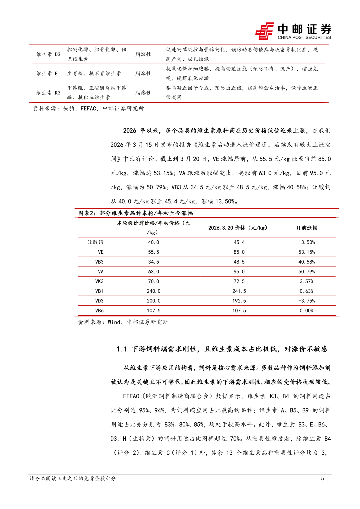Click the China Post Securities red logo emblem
pos(265,31)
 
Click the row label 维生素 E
pos(47,73)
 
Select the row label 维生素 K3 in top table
pos(48,93)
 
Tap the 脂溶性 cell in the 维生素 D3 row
pos(143,54)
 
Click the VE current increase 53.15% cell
pos(306,252)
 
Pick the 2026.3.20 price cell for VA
pos(239,272)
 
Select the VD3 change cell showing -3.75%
pos(306,301)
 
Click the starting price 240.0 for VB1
pos(154,291)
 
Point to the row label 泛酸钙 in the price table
pos(95,242)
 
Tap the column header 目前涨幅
pos(307,228)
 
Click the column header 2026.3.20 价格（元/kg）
pos(238,228)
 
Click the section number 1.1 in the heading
pos(122,349)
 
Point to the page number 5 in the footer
pos(322,478)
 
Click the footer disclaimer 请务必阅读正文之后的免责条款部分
pos(73,478)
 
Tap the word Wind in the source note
pos(114,322)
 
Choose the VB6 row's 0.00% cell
pos(306,311)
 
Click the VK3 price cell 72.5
pos(239,281)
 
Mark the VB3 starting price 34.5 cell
pos(154,262)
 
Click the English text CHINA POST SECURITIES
pos(304,37)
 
